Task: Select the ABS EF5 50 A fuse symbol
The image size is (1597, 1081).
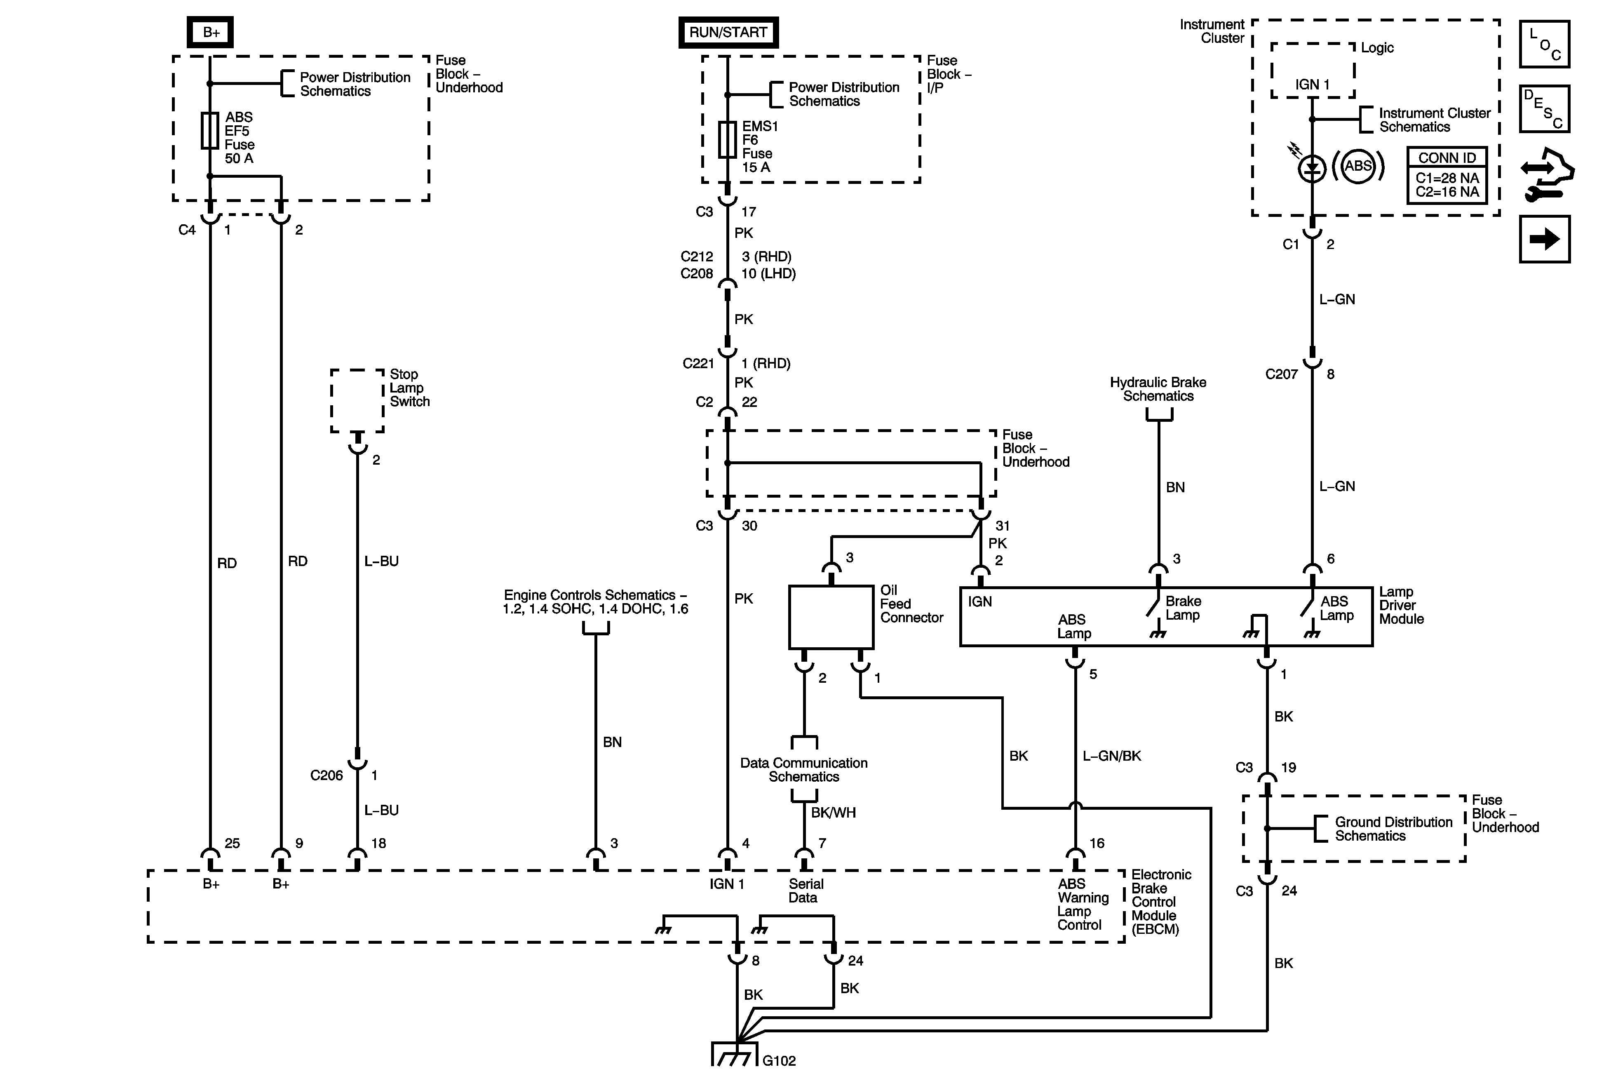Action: (x=209, y=131)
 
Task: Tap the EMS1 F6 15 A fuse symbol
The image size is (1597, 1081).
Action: (x=727, y=139)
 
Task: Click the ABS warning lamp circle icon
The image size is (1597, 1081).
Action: (x=1358, y=166)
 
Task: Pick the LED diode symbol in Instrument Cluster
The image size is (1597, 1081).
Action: (x=1312, y=168)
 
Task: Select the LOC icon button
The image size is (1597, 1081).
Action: (x=1544, y=45)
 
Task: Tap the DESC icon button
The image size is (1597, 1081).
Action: (x=1544, y=108)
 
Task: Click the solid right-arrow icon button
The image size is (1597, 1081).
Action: (x=1544, y=239)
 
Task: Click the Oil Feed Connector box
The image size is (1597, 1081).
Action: (x=831, y=616)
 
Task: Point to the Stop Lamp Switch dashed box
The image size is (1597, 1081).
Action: (x=357, y=401)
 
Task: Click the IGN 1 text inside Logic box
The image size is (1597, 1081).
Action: (x=1313, y=85)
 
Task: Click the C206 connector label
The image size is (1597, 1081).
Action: (x=326, y=775)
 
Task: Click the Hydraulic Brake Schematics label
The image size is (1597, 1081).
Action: (x=1158, y=389)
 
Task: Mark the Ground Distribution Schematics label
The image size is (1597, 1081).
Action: (x=1393, y=829)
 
